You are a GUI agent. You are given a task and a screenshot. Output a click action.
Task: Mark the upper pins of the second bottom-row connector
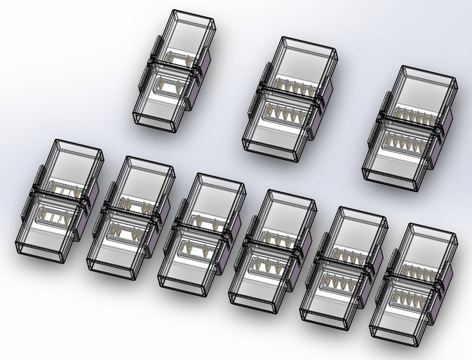coord(135,206)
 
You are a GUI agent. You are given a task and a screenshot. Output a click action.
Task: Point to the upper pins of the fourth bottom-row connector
coord(275,235)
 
